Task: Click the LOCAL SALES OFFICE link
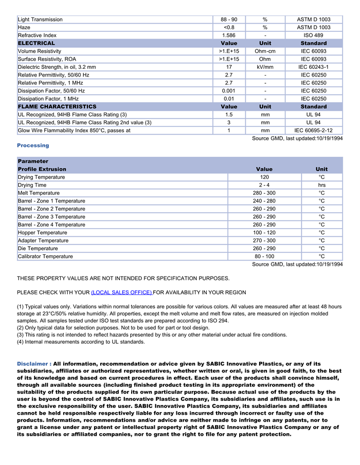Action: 121,292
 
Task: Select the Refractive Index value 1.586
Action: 229,35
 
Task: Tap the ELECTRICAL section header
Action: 37,43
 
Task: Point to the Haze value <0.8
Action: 229,27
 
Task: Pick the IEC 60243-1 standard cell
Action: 313,67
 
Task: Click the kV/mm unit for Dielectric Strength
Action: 265,67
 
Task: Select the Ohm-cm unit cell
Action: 265,51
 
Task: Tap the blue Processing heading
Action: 33,145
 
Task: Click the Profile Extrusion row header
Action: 42,169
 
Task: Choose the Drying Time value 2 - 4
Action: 264,185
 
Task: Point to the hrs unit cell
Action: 321,185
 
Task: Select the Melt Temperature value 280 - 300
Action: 264,193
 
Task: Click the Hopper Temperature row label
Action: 43,233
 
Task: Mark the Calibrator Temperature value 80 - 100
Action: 264,256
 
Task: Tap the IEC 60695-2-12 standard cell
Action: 313,131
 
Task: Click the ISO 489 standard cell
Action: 313,35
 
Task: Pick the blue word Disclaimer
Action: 33,364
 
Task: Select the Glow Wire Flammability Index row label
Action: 74,131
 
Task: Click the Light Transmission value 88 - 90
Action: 229,20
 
